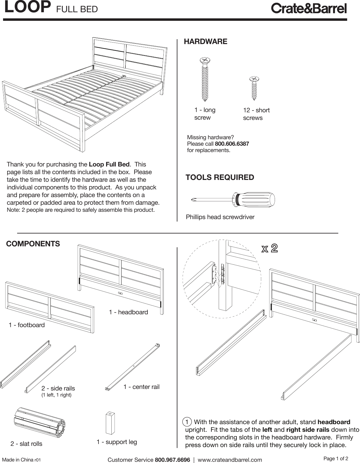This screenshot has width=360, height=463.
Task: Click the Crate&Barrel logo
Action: coord(309,9)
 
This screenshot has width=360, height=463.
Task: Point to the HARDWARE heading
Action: coord(205,42)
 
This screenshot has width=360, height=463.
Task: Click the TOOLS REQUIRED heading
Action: coord(220,177)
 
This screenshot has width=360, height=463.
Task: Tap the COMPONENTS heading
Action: coord(33,244)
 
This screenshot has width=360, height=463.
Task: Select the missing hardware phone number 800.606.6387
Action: coord(232,144)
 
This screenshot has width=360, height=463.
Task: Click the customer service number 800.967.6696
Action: coord(173,460)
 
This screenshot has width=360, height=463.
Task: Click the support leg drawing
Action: coord(110,423)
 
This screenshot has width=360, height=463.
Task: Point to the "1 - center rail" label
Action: coord(141,387)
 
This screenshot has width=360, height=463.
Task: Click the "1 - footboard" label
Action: coord(27,325)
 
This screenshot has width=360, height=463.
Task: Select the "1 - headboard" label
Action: coord(128,312)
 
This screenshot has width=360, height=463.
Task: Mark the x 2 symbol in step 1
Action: coord(269,248)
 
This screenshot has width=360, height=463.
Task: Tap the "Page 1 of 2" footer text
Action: coord(336,458)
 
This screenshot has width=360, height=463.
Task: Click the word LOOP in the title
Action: coord(28,8)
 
